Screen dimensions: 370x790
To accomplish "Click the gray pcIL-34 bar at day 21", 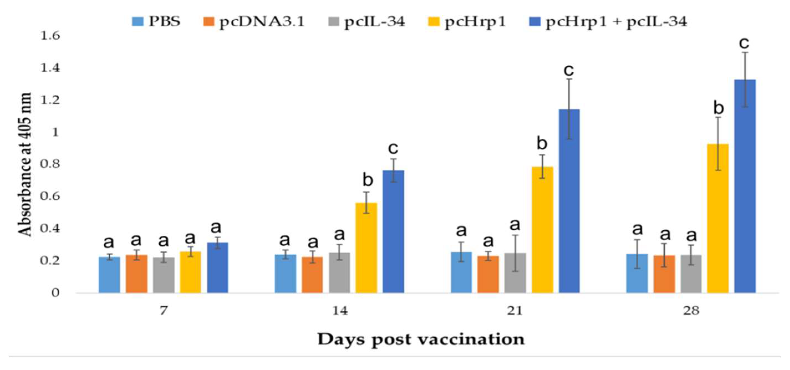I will [515, 273].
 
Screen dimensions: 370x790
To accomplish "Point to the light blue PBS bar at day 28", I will [637, 273].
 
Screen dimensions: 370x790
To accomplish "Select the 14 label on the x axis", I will [340, 311].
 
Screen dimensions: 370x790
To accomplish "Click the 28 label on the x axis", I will [691, 311].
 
